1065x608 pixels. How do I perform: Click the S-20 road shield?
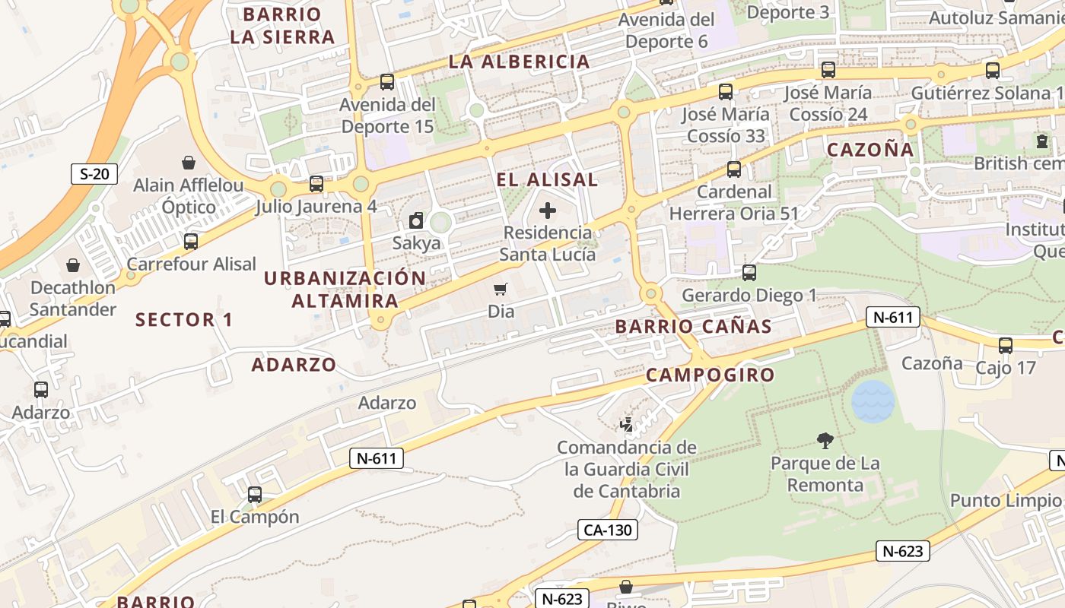tap(94, 174)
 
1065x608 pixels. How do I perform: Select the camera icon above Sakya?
tap(416, 221)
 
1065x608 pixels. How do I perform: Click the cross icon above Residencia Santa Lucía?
tap(547, 211)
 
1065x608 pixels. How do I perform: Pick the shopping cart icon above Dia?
tap(501, 289)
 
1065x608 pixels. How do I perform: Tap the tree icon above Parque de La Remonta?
tap(825, 440)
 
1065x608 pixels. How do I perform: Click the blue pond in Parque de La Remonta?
tap(873, 401)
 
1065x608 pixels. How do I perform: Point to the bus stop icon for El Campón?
tap(255, 495)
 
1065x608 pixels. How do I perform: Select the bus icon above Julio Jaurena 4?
tap(316, 184)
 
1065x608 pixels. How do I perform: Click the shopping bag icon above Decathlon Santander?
tap(73, 265)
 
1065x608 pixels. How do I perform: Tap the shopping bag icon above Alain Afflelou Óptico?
tap(188, 163)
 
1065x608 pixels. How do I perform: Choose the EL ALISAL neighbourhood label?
tap(547, 180)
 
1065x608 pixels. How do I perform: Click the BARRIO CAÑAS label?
tap(693, 327)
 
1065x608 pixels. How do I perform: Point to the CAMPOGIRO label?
tap(710, 375)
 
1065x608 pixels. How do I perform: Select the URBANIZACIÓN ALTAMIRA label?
tap(345, 290)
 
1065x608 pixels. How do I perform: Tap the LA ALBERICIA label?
tap(520, 62)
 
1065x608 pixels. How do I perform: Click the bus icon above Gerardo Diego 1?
tap(749, 273)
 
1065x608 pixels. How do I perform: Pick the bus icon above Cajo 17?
tap(1005, 346)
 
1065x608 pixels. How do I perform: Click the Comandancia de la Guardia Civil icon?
tap(627, 424)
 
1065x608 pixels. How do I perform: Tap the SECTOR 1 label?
tap(184, 320)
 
